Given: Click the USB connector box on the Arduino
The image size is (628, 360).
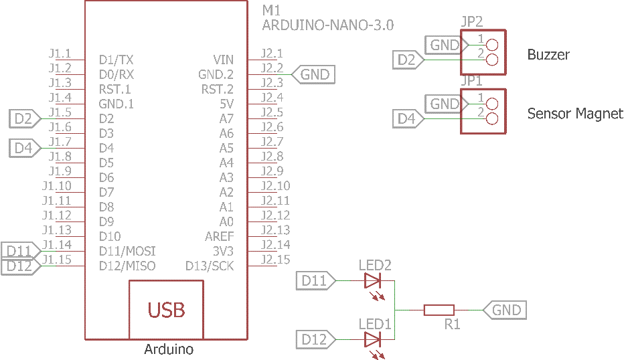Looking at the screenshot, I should tap(166, 309).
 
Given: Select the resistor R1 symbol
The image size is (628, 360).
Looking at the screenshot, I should tap(439, 310).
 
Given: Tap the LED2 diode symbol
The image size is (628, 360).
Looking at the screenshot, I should tap(372, 280).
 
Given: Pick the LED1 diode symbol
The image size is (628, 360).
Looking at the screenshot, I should tap(372, 339).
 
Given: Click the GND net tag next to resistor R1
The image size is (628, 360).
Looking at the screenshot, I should tap(505, 310).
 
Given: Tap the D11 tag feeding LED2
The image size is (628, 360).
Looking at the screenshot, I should tap(314, 280).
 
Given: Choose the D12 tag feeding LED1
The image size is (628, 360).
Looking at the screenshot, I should tap(314, 339).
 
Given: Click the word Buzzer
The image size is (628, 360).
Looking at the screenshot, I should tap(548, 55).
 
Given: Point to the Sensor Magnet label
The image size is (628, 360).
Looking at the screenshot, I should tap(575, 114).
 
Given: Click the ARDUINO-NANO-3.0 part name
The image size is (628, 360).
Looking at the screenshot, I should tap(327, 25).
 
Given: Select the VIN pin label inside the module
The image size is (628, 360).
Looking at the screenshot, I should tap(224, 60).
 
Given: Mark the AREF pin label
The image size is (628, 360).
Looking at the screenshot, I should tap(220, 236).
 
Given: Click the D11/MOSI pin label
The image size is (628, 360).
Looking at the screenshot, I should tap(127, 251).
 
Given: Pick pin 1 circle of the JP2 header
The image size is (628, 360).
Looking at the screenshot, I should tap(493, 46).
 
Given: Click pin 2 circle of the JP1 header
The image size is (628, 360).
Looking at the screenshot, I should tap(493, 119).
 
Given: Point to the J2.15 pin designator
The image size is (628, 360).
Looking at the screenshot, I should tap(275, 260).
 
